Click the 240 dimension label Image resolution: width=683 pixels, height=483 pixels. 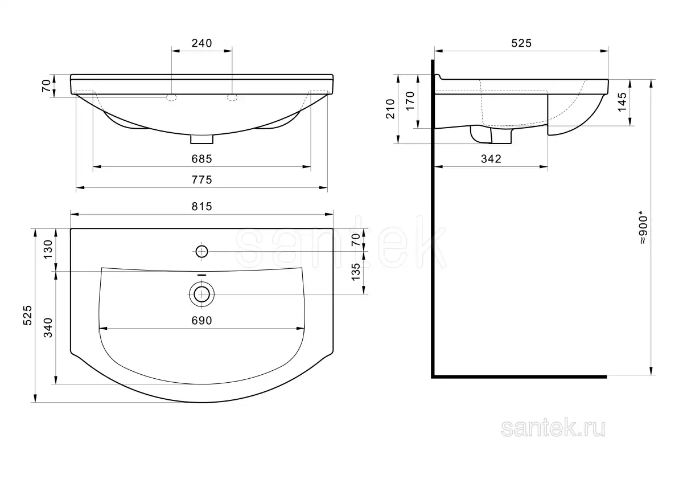(201, 43)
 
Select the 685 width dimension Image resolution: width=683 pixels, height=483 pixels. (201, 159)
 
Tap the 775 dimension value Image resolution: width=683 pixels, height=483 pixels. (201, 180)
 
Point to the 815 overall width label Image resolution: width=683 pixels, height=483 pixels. (201, 207)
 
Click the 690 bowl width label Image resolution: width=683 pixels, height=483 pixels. (201, 320)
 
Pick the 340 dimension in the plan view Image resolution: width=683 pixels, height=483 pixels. (48, 328)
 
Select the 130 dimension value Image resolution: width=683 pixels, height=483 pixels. (48, 249)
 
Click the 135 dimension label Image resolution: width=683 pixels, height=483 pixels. (356, 272)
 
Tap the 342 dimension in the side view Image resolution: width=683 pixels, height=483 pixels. (491, 159)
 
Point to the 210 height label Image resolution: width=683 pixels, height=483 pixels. (390, 109)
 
